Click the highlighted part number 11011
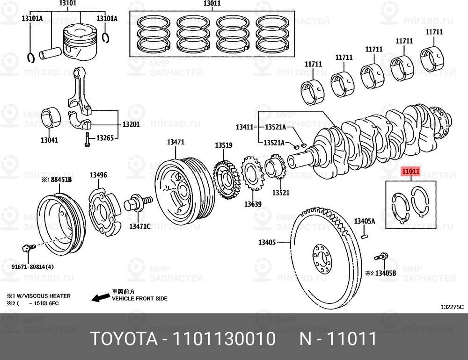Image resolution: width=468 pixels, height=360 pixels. tap(411, 171)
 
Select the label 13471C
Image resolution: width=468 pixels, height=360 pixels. tap(139, 226)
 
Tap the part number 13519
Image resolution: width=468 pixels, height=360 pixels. tap(224, 145)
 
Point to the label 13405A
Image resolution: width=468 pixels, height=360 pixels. tap(365, 221)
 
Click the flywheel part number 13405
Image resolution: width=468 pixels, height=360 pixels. tap(267, 243)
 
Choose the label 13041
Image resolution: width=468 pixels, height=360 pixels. tap(49, 140)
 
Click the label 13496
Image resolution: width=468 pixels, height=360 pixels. tap(98, 175)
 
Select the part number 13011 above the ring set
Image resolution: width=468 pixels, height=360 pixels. tap(212, 3)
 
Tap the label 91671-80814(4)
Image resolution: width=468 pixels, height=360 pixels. tap(33, 266)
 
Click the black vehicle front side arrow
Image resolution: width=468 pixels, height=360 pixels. tap(101, 297)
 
